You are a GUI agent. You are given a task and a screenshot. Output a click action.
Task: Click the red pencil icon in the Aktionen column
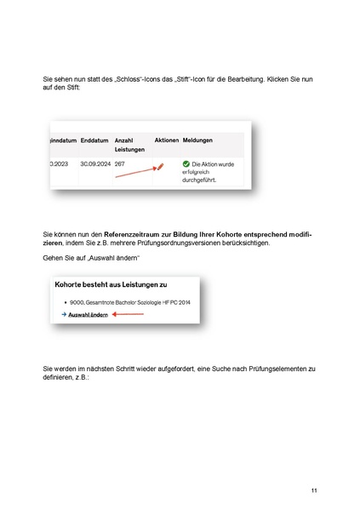[x=158, y=166]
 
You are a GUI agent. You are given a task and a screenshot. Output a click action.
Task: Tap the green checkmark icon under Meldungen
[x=186, y=163]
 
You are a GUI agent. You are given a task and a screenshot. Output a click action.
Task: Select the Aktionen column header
[x=167, y=139]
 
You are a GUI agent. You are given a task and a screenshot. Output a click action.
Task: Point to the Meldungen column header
[x=197, y=139]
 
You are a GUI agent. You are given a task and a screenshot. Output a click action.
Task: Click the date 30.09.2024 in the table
[x=95, y=163]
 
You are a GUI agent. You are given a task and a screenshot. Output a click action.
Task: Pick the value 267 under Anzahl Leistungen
[x=120, y=163]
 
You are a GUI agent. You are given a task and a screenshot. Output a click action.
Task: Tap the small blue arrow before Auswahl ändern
[x=63, y=314]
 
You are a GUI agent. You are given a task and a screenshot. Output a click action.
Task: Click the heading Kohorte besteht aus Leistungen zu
[x=110, y=284]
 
